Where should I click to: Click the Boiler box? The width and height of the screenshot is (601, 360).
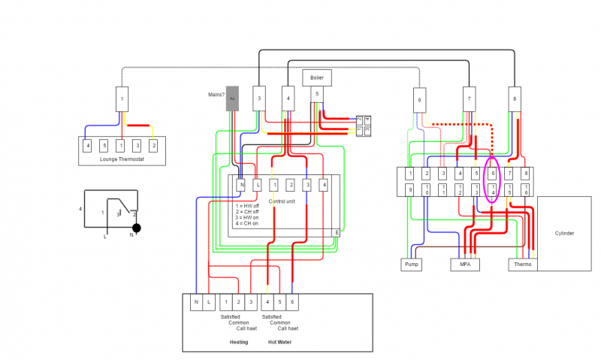pos(316,77)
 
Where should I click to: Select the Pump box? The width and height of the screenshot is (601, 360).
pos(410,265)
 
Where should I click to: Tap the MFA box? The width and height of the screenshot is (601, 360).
pos(464,265)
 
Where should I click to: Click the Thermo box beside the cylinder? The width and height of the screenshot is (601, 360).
pos(522,265)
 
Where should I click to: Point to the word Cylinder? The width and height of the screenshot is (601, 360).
pos(564,234)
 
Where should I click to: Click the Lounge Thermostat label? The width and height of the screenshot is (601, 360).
pos(122,159)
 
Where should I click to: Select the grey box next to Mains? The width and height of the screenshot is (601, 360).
pos(233,98)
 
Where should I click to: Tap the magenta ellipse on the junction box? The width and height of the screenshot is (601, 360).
pos(493,181)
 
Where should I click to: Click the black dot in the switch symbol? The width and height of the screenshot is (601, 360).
pos(137,227)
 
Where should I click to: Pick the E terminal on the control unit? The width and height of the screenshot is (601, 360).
pos(335,233)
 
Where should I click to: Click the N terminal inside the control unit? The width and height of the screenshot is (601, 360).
pos(241,184)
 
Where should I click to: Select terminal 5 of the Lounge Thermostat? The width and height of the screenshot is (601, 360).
pos(104,144)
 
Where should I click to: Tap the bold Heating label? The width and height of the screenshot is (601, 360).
pos(238,342)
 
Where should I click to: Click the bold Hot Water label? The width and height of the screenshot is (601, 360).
pos(279,342)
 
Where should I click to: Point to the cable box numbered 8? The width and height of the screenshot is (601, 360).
pos(515,99)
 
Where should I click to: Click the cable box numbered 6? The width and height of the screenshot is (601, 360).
pos(420,100)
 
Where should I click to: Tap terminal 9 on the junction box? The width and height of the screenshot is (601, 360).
pos(409,190)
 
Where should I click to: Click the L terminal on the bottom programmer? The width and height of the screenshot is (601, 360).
pos(209,302)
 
